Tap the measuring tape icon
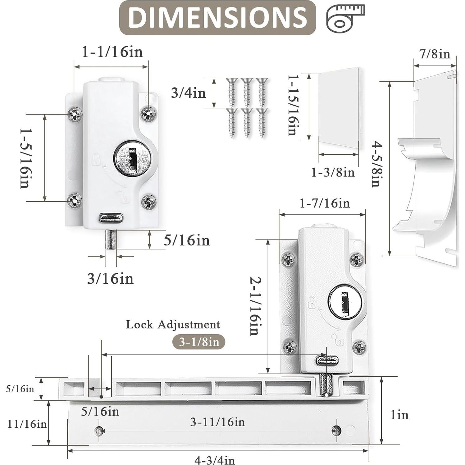tap(345, 18)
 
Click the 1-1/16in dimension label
tap(112, 52)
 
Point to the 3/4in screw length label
tap(189, 93)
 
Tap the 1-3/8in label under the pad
tap(333, 172)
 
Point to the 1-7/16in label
tap(325, 203)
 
